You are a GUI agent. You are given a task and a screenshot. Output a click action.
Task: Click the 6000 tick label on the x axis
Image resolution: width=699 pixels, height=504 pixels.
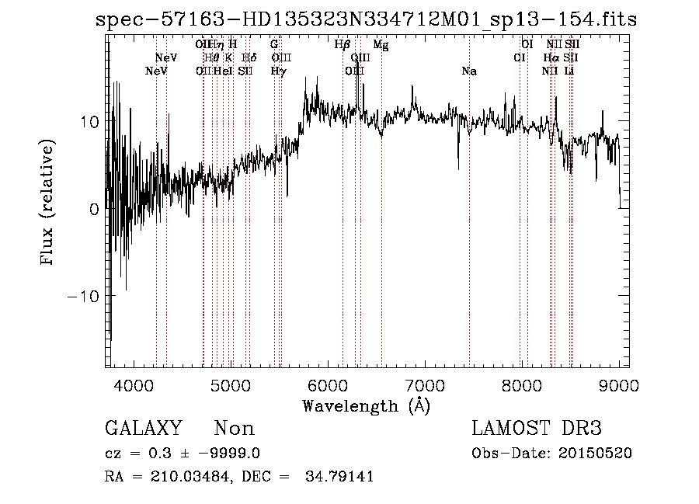[x=328, y=386]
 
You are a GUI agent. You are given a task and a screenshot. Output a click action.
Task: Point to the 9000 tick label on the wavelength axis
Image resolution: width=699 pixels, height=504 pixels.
[x=619, y=386]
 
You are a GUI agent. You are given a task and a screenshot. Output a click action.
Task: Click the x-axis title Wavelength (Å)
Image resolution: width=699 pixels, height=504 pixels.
[x=366, y=405]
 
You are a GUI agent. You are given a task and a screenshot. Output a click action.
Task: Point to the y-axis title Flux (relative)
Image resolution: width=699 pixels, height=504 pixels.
[x=47, y=203]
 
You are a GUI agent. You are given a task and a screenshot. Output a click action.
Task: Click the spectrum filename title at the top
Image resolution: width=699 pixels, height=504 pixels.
[x=365, y=19]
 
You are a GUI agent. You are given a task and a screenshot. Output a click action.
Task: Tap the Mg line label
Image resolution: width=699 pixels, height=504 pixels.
[x=381, y=44]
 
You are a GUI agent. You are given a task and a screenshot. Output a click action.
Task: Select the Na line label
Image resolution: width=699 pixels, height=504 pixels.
[x=469, y=71]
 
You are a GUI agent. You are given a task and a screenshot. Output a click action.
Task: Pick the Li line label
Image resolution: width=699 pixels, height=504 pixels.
[x=569, y=71]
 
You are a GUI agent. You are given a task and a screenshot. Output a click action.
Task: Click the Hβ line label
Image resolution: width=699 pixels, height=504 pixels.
[x=343, y=44]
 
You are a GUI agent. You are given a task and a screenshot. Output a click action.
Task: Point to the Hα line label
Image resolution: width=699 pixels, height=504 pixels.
[x=551, y=57]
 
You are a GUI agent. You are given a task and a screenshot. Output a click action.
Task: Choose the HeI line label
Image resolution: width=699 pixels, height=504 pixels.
[x=223, y=71]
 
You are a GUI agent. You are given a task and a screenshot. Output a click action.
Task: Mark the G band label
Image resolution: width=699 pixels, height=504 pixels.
[x=274, y=44]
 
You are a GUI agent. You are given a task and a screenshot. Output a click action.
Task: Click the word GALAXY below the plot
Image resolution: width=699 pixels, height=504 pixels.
[x=143, y=429]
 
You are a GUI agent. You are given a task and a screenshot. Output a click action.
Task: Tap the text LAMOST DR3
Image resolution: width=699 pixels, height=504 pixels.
[x=537, y=429]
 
